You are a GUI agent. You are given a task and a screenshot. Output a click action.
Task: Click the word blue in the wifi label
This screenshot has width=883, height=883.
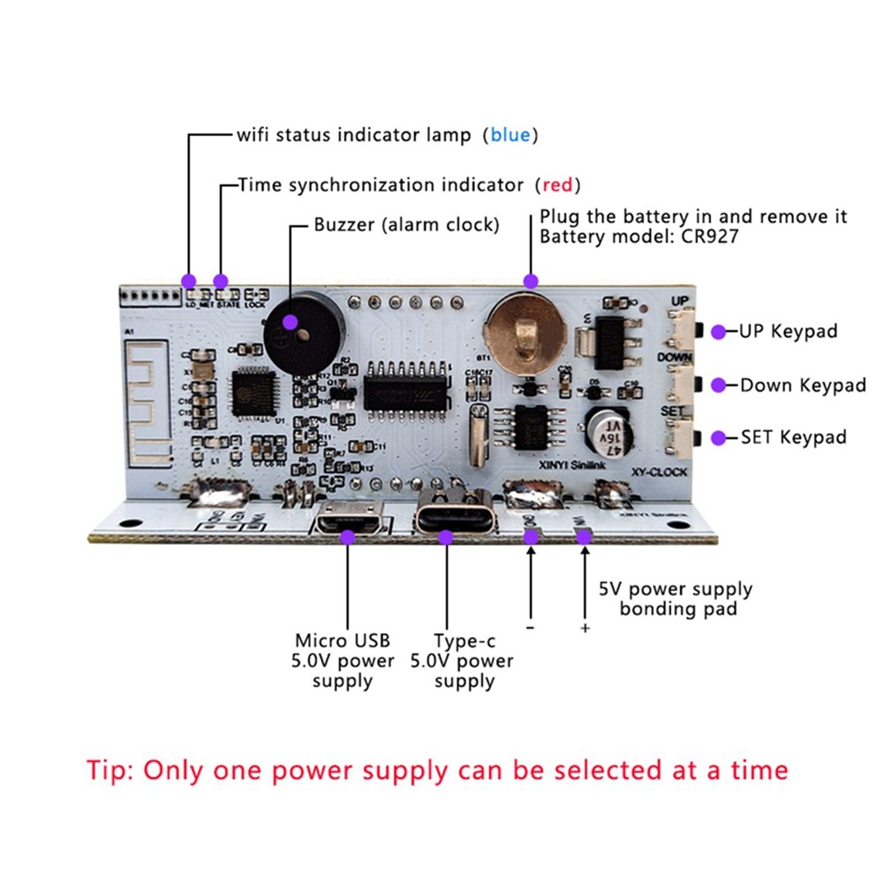click(509, 135)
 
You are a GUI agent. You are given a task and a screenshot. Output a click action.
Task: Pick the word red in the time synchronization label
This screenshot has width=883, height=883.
click(557, 185)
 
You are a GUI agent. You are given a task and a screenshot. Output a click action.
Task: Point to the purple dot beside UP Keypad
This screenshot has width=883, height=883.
click(720, 332)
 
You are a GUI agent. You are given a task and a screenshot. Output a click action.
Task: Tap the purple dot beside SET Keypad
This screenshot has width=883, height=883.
click(720, 437)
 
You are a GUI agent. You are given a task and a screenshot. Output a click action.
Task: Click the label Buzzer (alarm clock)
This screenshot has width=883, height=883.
click(406, 225)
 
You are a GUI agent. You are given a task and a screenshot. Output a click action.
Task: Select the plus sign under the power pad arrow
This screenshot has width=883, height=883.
click(584, 628)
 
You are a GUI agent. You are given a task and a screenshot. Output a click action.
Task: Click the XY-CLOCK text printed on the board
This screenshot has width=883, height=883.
click(653, 472)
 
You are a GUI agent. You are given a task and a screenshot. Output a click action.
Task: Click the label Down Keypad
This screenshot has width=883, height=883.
click(803, 385)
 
